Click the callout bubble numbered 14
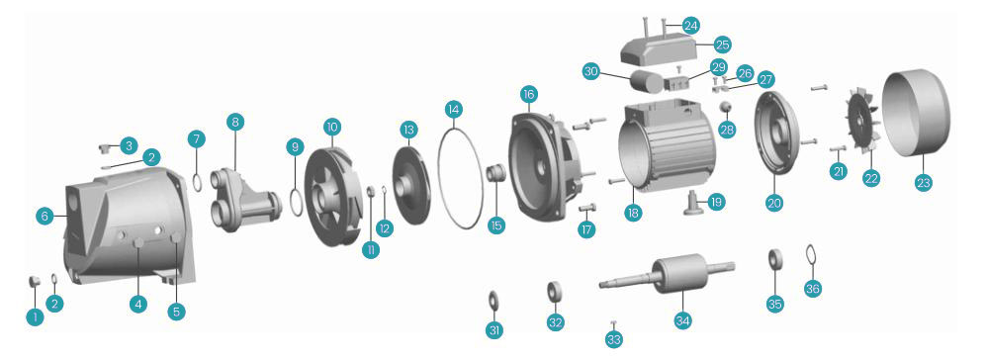click(x=453, y=110)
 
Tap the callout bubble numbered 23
click(x=923, y=183)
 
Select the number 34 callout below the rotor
click(x=683, y=320)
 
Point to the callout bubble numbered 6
click(x=45, y=216)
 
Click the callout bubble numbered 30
click(x=590, y=72)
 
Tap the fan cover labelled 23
click(x=916, y=113)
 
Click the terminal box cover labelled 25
click(x=657, y=49)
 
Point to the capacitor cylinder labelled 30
click(x=645, y=82)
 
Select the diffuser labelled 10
click(x=331, y=188)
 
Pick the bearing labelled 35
click(x=775, y=259)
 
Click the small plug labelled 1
click(x=35, y=281)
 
